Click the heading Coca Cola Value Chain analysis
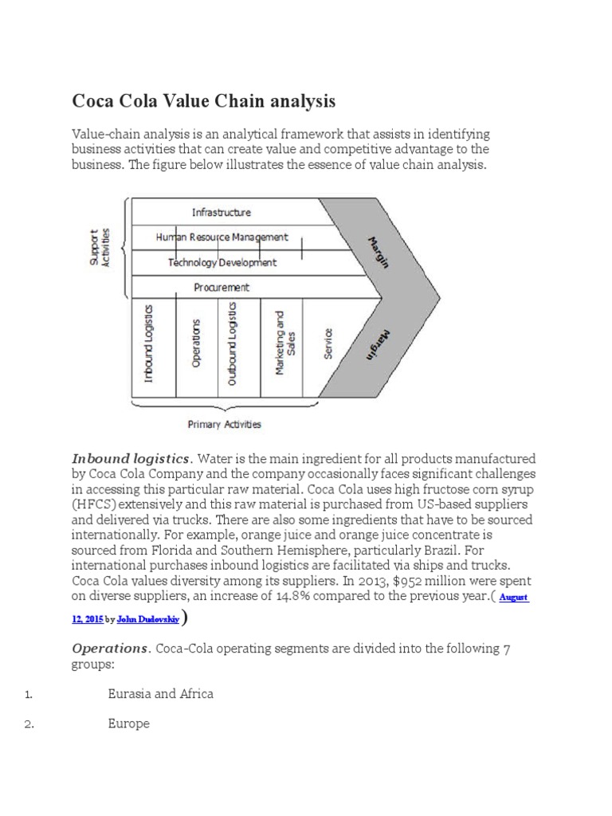204,101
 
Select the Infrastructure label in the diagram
221,212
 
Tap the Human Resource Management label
222,237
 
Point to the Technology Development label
222,262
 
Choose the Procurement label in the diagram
221,287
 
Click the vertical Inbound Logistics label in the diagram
148,343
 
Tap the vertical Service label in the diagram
328,343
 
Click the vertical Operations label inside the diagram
196,343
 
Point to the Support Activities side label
100,248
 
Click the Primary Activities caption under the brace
224,425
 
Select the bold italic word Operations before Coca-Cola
111,648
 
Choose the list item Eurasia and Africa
160,693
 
